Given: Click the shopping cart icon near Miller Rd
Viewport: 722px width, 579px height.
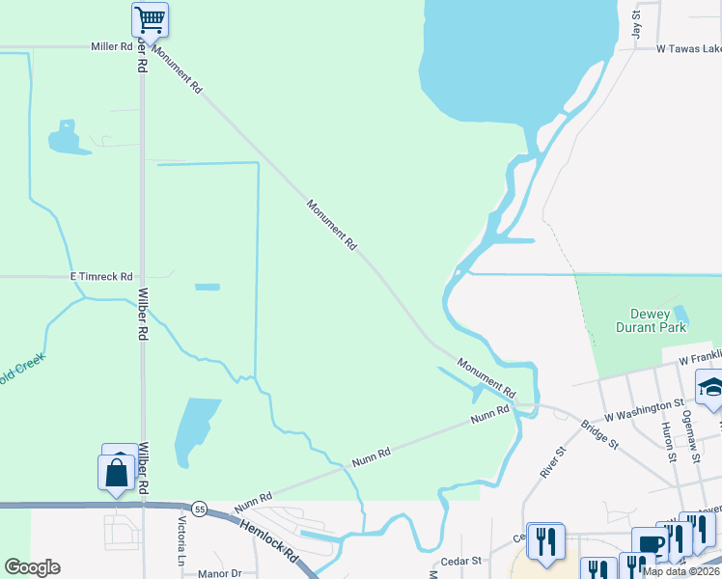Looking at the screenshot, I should coord(150,18).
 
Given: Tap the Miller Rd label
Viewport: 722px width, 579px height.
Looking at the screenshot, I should coord(111,46).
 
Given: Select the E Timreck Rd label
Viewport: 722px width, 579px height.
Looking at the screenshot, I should coord(100,277).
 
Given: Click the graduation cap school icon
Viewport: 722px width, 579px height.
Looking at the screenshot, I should coord(712,389).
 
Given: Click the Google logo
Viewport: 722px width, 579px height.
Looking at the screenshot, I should coord(32,567).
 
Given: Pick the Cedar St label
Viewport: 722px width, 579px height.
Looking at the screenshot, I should coord(461,560).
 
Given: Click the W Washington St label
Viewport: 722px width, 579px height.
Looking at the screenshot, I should coord(644,409).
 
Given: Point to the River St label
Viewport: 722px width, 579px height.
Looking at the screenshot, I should coord(551,461).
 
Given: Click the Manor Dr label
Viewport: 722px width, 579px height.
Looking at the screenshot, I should coord(218,572).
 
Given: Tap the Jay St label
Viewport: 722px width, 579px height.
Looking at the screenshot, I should coord(636,24).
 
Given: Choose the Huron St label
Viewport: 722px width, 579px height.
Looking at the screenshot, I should coord(667,438).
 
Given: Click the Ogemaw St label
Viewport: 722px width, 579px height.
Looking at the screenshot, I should coord(689,426).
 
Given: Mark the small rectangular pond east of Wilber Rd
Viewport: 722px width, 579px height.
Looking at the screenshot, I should coord(208,287).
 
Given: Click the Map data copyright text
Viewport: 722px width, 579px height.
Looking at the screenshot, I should coord(681,571).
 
